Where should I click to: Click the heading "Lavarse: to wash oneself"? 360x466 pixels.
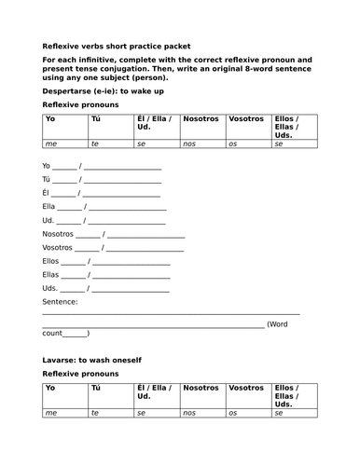click(x=91, y=359)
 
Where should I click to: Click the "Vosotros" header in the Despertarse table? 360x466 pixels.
click(x=246, y=120)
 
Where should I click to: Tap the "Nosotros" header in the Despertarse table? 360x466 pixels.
click(x=201, y=120)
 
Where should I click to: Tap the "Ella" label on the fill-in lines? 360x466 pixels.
click(x=49, y=207)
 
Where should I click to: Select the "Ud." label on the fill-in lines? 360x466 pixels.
click(x=48, y=221)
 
